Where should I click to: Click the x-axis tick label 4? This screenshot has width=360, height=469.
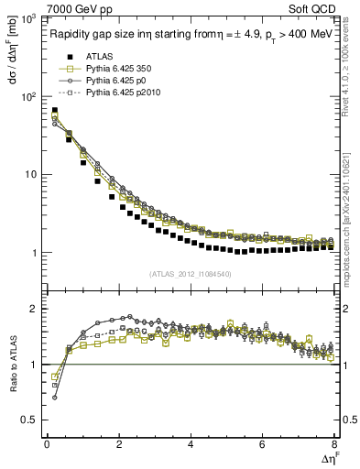coord(191,444)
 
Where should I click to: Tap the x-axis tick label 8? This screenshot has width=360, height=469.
coord(334,444)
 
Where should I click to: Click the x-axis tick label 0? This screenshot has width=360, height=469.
coord(47,444)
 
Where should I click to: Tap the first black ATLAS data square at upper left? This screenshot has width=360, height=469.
coord(54,111)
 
